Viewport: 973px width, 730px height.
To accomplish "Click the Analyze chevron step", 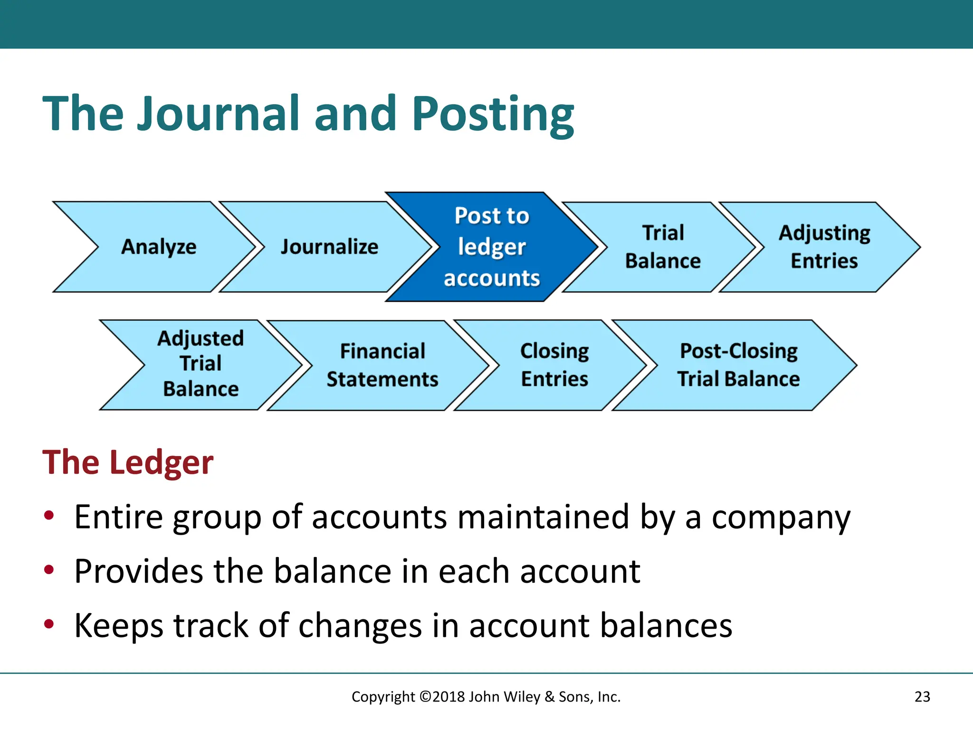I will (x=158, y=247).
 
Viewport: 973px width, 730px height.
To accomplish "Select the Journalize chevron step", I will (x=329, y=247).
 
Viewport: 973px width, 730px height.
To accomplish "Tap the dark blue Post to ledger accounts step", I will (x=492, y=247).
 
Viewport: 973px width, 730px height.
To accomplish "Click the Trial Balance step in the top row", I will (x=663, y=247).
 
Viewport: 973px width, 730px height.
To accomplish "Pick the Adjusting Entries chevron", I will (x=824, y=247).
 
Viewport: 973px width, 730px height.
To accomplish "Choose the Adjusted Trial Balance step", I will (x=200, y=364).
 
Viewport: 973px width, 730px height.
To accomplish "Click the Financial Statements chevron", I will (x=382, y=365).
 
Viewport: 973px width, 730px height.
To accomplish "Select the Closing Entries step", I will (x=554, y=365).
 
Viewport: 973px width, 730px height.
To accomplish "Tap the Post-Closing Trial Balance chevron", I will (x=738, y=365).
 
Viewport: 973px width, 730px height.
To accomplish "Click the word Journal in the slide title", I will (x=218, y=114).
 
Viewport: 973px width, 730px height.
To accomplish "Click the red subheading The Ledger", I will (x=128, y=462).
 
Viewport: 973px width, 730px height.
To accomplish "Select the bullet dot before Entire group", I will (x=49, y=515).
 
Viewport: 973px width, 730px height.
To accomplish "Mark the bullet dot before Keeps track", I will (x=49, y=624).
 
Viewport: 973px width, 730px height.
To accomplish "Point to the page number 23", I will (x=922, y=697).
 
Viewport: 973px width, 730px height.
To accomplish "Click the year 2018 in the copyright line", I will (x=448, y=697).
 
